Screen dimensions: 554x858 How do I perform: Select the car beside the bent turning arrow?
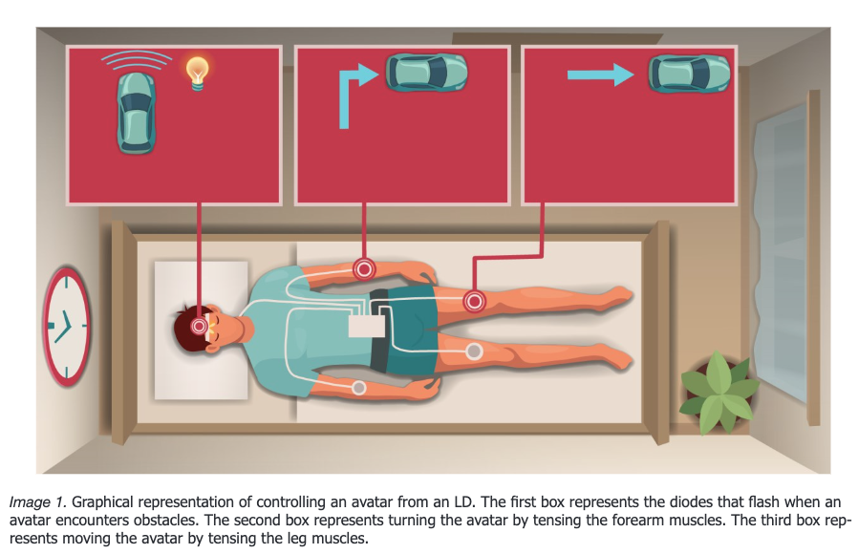pyautogui.click(x=425, y=73)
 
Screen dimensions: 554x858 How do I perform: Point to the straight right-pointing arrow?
pyautogui.click(x=600, y=75)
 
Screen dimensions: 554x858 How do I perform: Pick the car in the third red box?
pyautogui.click(x=689, y=74)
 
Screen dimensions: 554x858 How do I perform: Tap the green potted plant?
pyautogui.click(x=719, y=391)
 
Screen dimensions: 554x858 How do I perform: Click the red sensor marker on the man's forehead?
pyautogui.click(x=200, y=327)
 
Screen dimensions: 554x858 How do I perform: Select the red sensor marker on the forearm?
pyautogui.click(x=363, y=269)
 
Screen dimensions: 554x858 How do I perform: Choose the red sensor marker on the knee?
pyautogui.click(x=473, y=302)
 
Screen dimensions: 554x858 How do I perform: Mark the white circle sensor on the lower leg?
pyautogui.click(x=473, y=352)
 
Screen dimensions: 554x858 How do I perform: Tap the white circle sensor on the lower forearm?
pyautogui.click(x=358, y=388)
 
